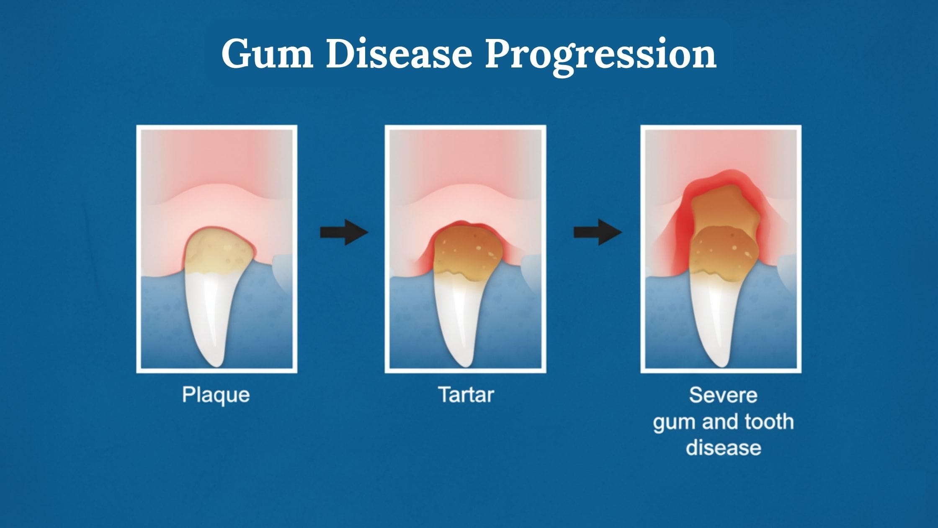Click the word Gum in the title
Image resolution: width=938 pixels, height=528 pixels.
click(268, 54)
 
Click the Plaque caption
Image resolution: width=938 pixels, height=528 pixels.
click(216, 395)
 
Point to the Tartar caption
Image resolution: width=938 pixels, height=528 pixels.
click(466, 395)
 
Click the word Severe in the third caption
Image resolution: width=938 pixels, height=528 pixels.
click(723, 395)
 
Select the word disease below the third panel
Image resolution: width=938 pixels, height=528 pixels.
click(723, 448)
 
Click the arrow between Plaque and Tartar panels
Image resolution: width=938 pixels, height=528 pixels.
click(344, 232)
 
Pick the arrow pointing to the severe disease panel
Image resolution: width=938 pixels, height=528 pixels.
click(598, 232)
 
